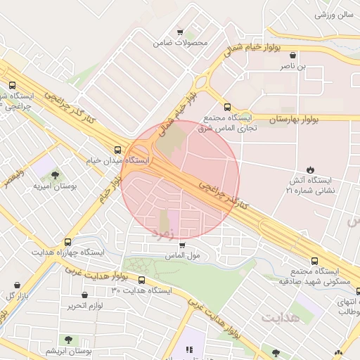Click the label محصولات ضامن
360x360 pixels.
(x=181, y=43)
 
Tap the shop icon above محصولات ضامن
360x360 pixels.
(x=181, y=32)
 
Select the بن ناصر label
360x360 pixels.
(x=293, y=66)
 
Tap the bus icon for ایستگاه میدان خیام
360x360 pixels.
(x=117, y=149)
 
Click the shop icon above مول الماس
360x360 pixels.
(x=183, y=245)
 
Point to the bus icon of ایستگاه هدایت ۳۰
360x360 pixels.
(x=142, y=279)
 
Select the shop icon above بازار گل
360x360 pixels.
(x=16, y=285)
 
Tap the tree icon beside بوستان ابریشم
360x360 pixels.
(x=67, y=340)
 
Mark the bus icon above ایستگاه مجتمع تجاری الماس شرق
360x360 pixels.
(x=226, y=107)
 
